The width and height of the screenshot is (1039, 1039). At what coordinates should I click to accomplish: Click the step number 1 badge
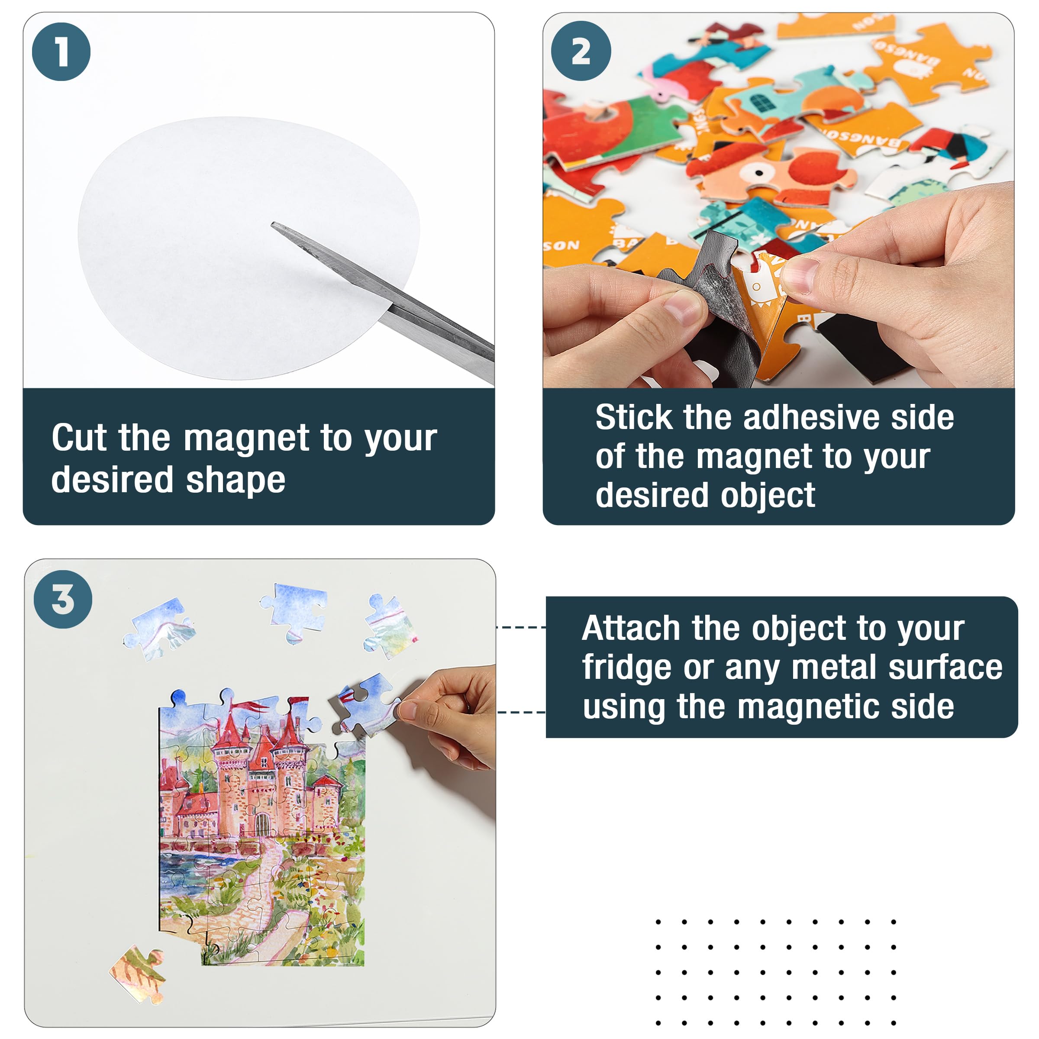coord(61,52)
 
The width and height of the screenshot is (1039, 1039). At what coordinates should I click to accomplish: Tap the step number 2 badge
coord(581,51)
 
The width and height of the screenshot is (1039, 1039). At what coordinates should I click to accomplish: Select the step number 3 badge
coord(63,599)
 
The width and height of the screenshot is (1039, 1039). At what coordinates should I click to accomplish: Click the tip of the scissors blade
coord(273,224)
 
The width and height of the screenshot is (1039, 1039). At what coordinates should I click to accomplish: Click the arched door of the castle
coord(262,823)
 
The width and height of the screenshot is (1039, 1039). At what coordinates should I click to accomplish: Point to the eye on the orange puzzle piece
coord(758,173)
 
